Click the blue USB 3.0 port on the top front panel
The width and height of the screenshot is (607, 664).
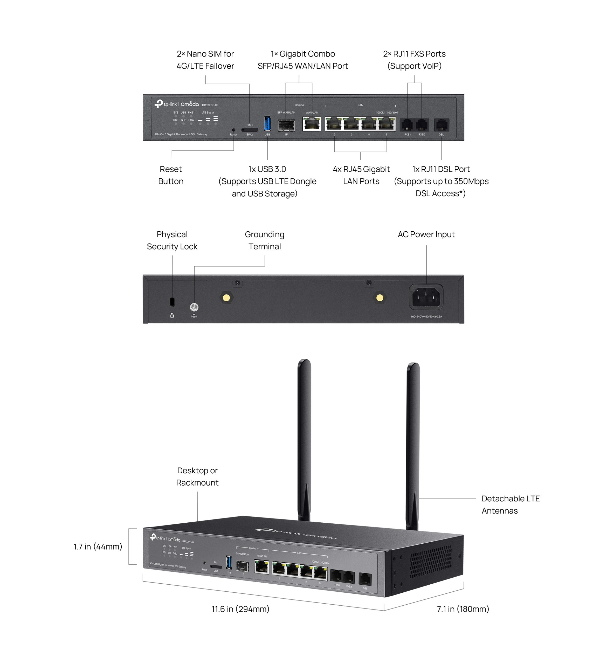(x=267, y=123)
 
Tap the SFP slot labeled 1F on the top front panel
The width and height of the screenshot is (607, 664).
(x=286, y=126)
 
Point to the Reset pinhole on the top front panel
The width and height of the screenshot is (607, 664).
(x=233, y=130)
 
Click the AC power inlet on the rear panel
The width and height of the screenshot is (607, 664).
(x=426, y=297)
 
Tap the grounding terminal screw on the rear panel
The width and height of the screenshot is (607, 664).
(x=194, y=307)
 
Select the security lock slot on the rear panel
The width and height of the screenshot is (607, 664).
(x=172, y=301)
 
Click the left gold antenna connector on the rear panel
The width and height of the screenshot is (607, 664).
(x=226, y=298)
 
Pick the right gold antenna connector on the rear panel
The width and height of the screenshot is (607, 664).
(x=380, y=298)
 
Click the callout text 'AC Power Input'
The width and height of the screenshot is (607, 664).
(x=426, y=234)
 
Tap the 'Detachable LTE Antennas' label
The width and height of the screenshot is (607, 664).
(x=510, y=504)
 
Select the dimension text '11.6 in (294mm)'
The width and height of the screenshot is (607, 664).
(x=240, y=609)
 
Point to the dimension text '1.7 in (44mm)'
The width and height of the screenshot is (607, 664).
(x=98, y=547)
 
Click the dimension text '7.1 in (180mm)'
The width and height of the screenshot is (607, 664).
(x=463, y=609)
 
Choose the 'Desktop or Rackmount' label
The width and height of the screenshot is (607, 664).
(x=197, y=476)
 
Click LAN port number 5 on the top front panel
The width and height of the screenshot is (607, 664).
(x=386, y=125)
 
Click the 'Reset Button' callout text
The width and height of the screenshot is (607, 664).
(x=171, y=175)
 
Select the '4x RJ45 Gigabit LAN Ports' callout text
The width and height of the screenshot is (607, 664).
(x=361, y=175)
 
